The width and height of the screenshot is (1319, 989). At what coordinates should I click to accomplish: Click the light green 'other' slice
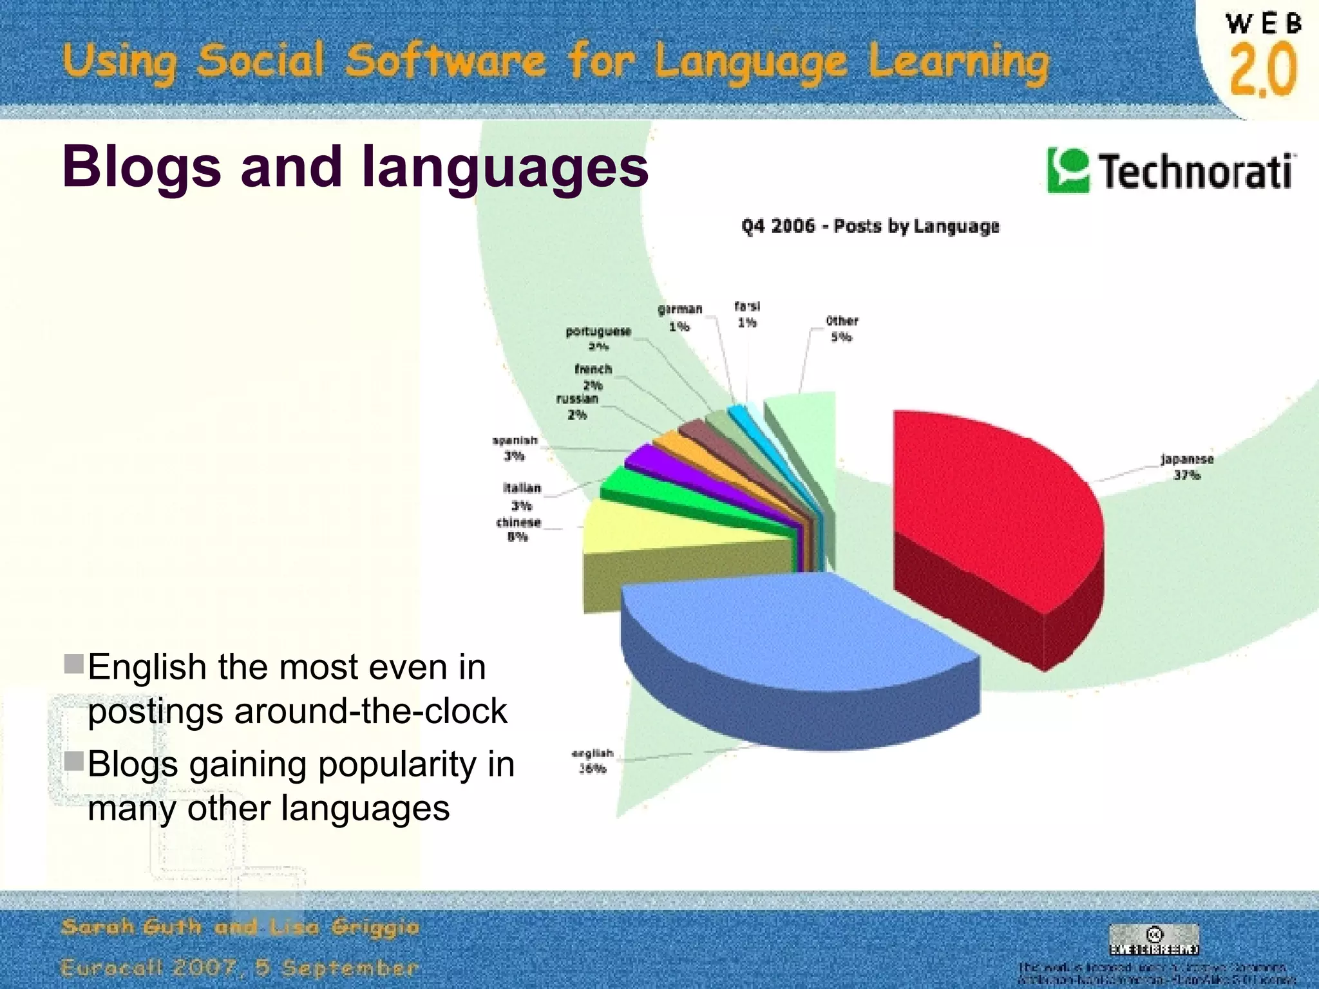point(805,438)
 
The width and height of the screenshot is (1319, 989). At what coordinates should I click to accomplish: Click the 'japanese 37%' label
point(1186,467)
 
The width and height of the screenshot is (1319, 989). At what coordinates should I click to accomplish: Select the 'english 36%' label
point(593,760)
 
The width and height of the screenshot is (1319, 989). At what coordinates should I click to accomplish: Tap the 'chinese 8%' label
point(518,529)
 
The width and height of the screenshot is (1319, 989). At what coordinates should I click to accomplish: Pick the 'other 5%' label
point(842,328)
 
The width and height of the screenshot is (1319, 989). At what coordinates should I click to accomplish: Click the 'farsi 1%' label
point(747,314)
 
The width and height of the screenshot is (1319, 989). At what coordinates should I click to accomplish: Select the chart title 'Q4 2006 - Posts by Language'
point(869,226)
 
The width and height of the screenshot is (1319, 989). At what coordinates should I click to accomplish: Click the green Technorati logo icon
point(1068,171)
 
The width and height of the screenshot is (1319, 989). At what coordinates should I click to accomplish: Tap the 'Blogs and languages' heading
point(355,167)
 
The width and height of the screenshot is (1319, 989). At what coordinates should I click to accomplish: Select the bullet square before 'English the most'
point(75,664)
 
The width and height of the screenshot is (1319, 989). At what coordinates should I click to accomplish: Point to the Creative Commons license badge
point(1153,939)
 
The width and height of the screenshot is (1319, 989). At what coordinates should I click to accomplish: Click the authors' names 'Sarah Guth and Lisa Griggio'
point(240,927)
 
